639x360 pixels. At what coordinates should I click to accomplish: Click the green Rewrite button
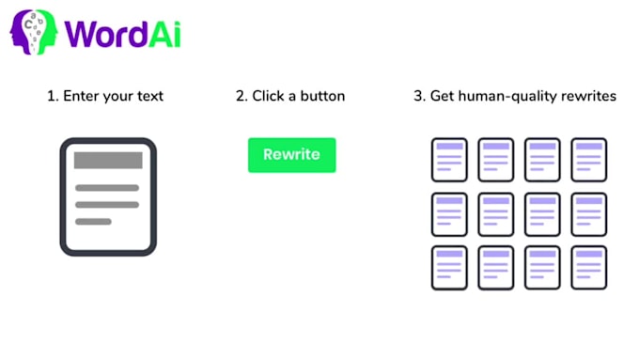(x=291, y=155)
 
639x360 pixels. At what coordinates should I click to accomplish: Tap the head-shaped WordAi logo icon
(x=34, y=32)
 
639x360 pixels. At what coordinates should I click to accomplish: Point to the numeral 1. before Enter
(x=53, y=96)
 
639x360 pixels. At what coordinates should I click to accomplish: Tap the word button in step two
(x=323, y=96)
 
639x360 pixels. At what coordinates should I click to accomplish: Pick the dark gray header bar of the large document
(x=108, y=160)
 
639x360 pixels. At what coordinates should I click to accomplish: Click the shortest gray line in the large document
(x=93, y=222)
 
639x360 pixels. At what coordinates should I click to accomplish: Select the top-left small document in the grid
(x=449, y=160)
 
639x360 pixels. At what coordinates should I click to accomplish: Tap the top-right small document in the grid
(x=589, y=160)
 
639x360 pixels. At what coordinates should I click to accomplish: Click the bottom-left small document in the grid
(x=449, y=268)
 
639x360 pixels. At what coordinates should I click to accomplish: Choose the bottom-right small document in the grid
(x=589, y=268)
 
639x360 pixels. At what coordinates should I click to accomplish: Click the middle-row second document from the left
(x=495, y=214)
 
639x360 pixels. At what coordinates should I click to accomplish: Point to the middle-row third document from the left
(x=542, y=214)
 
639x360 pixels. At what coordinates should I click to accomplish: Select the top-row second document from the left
(x=495, y=160)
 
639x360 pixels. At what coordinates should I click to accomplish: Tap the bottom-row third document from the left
(x=542, y=268)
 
